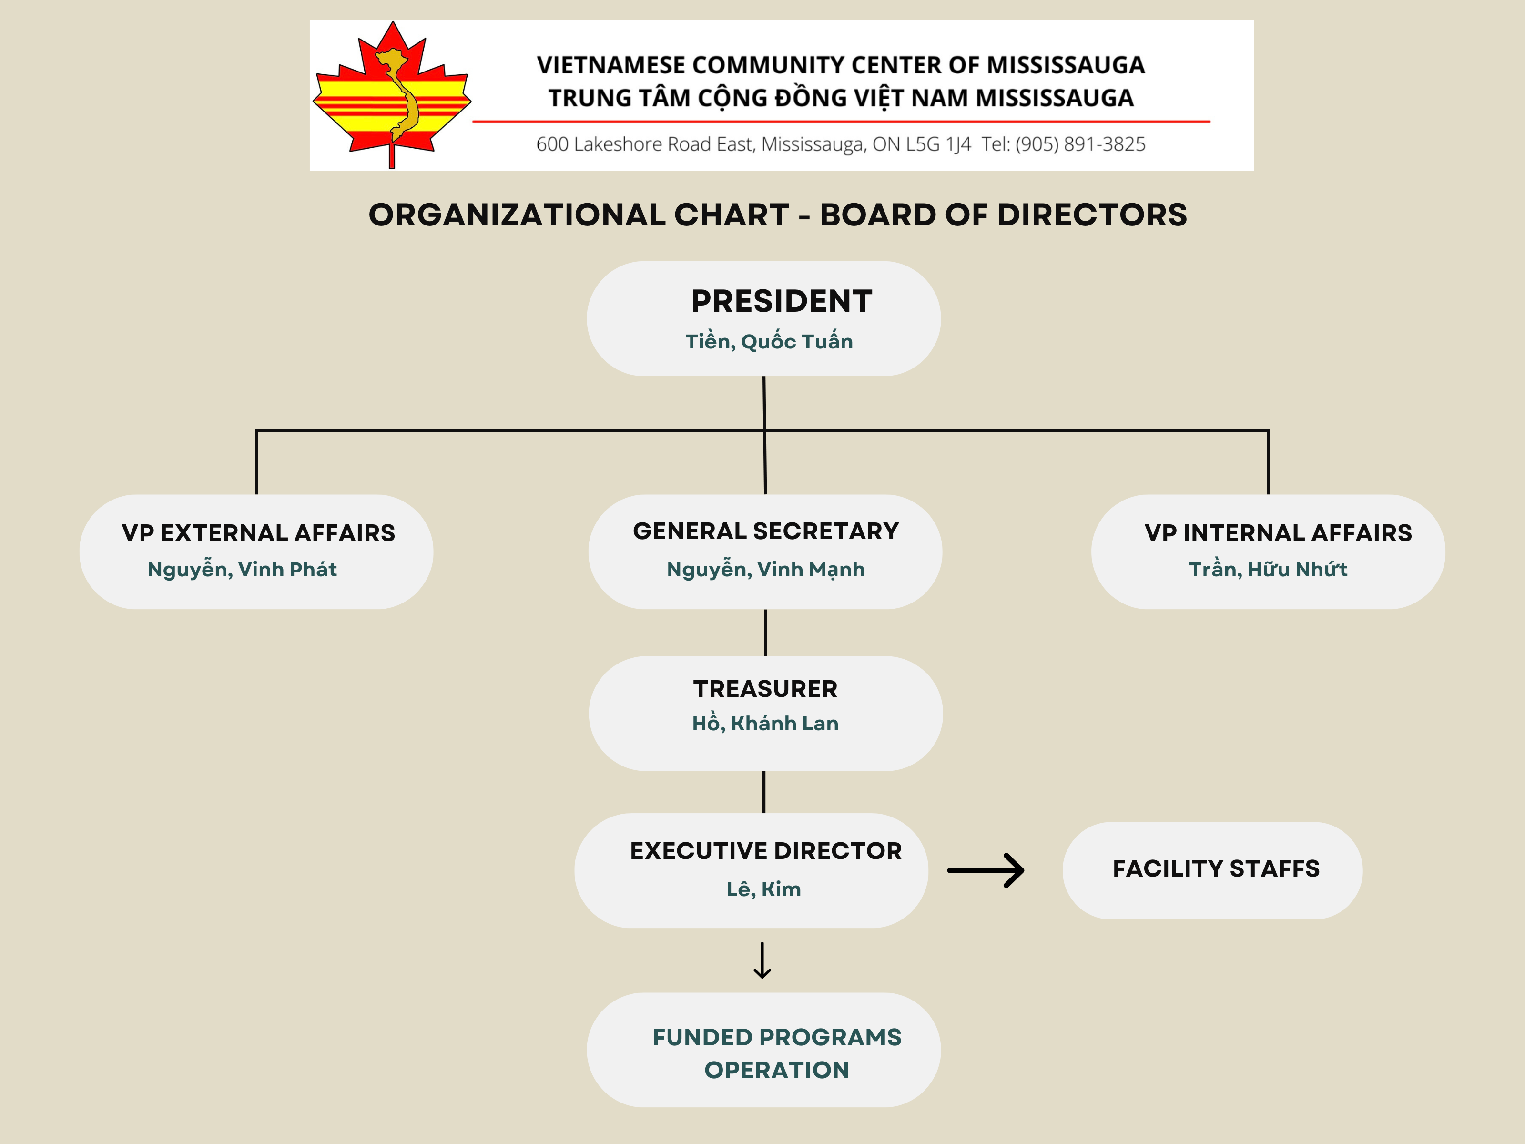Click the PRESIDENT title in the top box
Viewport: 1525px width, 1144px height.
781,301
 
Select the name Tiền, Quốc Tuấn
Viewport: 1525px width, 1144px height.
769,341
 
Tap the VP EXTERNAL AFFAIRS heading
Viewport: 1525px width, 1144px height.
258,533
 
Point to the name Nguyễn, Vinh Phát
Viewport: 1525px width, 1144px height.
242,570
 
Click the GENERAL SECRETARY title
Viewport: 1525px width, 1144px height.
765,531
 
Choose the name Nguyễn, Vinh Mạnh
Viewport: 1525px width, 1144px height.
765,570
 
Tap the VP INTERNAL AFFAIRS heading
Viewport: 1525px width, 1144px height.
1278,533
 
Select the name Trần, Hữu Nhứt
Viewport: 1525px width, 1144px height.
1268,570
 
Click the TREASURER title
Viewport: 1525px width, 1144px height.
765,689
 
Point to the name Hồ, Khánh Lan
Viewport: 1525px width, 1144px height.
765,724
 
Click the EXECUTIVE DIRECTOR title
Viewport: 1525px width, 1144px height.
765,851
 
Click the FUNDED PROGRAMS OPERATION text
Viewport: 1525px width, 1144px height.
777,1053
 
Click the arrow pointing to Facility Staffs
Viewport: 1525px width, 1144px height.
986,870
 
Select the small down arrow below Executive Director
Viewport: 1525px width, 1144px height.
762,960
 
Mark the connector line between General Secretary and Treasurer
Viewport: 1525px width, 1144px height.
765,633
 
